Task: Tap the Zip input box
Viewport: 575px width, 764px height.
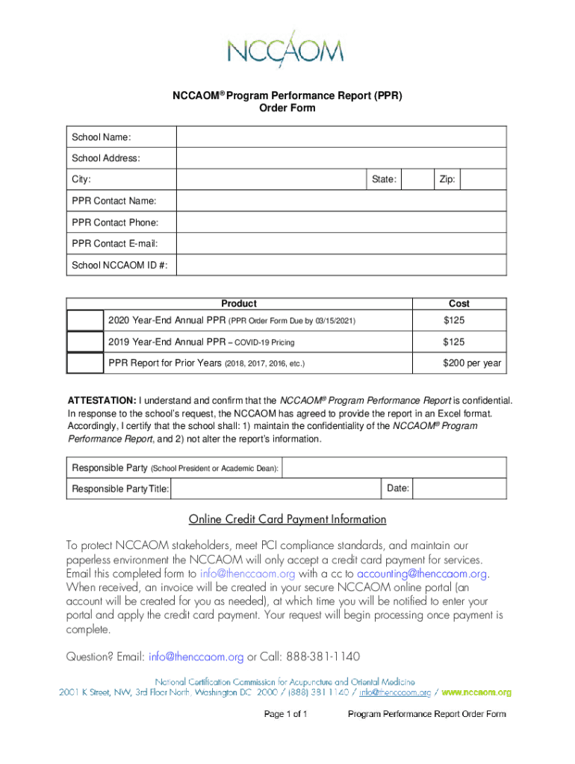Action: tap(485, 180)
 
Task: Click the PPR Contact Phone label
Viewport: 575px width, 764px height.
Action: tap(115, 222)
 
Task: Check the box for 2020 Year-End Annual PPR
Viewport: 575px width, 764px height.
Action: tap(85, 320)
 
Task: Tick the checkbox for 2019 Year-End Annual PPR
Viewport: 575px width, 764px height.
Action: tap(85, 342)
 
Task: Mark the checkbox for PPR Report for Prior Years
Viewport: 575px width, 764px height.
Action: tap(85, 363)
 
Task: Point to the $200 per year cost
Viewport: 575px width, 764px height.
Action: tap(472, 363)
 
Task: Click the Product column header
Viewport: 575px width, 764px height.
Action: tap(239, 304)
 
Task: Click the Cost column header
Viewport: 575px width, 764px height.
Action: tap(459, 304)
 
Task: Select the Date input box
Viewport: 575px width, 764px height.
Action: tap(459, 489)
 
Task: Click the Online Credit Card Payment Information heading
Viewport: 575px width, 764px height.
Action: tap(287, 519)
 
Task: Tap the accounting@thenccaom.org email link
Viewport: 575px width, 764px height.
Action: tap(423, 574)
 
